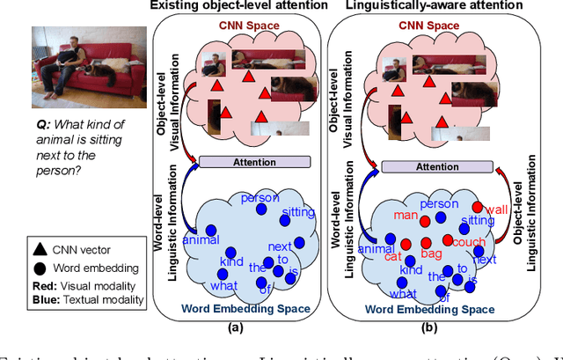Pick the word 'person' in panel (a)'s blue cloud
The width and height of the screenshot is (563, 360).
[x=260, y=198]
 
